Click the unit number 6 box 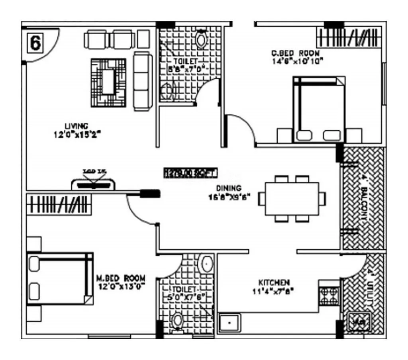coord(35,43)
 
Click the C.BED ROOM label coord(295,53)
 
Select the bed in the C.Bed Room coord(318,110)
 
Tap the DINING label coord(228,188)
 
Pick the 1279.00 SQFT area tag coord(190,173)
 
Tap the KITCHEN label coord(274,282)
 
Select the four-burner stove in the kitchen coord(329,295)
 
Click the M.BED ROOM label coord(121,278)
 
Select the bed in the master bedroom coord(60,278)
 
